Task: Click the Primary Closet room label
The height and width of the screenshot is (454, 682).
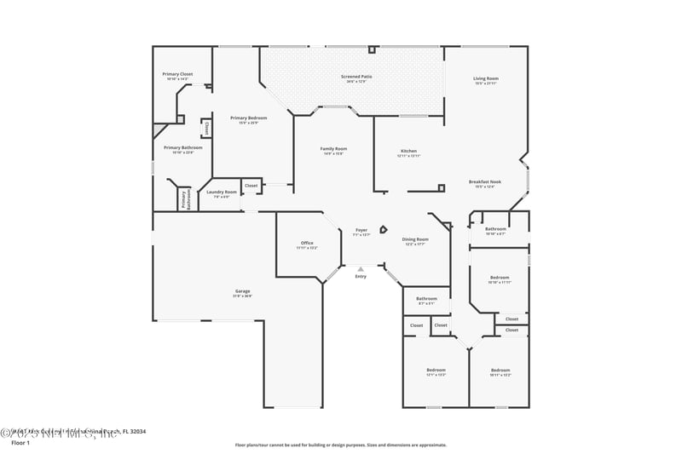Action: click(179, 75)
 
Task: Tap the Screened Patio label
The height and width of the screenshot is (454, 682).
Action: click(356, 77)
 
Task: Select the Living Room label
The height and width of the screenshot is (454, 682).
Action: click(486, 79)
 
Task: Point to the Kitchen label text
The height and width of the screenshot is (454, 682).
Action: click(408, 151)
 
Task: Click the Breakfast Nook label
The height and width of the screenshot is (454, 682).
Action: click(485, 181)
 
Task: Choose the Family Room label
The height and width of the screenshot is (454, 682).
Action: click(333, 149)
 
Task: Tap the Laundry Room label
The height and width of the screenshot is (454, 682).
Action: click(222, 193)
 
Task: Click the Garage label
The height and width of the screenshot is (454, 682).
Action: click(243, 291)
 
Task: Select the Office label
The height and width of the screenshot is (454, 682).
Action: click(307, 243)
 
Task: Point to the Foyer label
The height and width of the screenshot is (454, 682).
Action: click(361, 230)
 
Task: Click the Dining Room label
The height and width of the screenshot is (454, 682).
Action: click(415, 239)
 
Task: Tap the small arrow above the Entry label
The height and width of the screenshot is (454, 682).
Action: click(361, 268)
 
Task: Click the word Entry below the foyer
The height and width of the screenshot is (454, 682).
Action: click(361, 276)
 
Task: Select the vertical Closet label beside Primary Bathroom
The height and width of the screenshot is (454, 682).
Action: click(206, 129)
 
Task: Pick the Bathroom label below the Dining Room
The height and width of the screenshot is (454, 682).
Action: click(426, 298)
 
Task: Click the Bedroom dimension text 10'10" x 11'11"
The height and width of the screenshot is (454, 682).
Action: click(500, 282)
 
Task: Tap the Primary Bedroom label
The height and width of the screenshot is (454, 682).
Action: click(249, 118)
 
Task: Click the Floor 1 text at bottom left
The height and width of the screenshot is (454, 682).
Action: click(20, 443)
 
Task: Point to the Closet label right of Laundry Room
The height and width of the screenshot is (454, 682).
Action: click(251, 186)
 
